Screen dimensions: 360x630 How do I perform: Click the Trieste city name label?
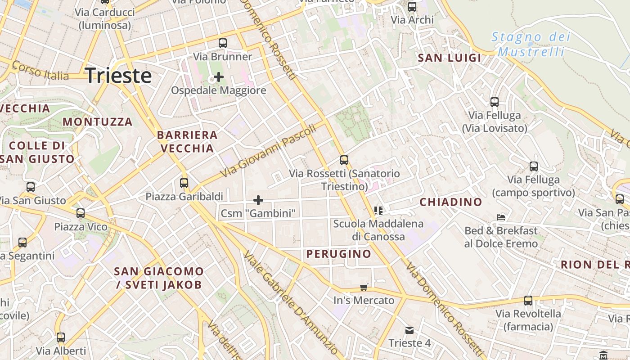pos(118,76)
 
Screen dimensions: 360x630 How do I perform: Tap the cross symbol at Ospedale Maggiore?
pos(219,77)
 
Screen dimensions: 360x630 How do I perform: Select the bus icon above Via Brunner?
pos(223,43)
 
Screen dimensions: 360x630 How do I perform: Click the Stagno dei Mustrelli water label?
pos(531,44)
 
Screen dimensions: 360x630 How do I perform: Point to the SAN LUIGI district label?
pos(450,58)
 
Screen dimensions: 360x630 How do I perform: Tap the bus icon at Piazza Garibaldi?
pos(184,183)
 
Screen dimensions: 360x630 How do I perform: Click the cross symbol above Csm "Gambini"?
pos(258,200)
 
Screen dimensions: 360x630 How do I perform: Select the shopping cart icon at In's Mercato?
pos(364,287)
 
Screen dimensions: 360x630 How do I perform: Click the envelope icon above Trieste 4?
pos(409,330)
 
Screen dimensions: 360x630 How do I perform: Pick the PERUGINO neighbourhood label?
pos(339,254)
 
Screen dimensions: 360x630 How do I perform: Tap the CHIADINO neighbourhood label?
pos(451,202)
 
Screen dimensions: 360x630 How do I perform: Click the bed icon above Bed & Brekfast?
pos(501,217)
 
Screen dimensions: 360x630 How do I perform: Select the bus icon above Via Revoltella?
pos(528,300)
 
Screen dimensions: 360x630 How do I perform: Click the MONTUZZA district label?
pos(98,122)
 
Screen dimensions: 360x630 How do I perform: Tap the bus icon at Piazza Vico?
pos(81,213)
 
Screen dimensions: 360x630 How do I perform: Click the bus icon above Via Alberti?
pos(61,337)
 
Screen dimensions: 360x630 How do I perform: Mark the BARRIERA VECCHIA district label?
pos(187,141)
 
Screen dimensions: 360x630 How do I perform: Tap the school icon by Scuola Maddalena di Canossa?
pos(378,210)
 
